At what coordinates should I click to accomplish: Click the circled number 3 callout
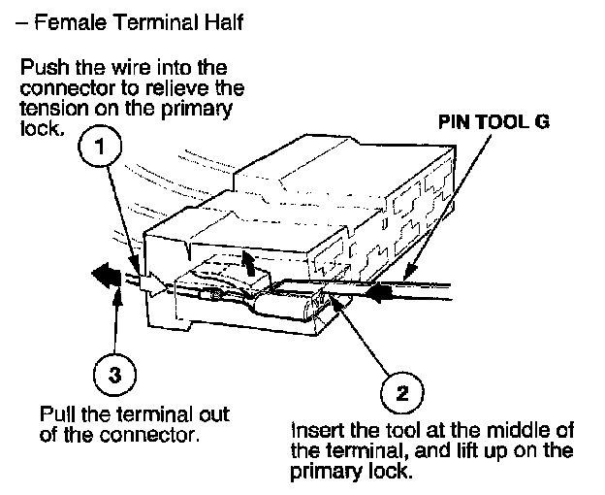tap(114, 376)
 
